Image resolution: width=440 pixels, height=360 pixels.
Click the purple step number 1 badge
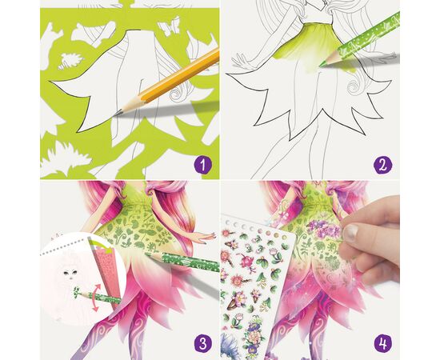[x=202, y=165]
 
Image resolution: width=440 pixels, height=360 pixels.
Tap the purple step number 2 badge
[x=382, y=165]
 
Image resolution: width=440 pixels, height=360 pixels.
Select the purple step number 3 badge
[x=202, y=343]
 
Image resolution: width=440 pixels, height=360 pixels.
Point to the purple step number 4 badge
[x=382, y=343]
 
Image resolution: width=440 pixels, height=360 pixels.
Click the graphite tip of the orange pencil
[x=116, y=114]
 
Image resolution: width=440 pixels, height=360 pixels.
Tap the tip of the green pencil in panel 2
[x=321, y=65]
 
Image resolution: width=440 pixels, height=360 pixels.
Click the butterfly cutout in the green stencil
[x=170, y=26]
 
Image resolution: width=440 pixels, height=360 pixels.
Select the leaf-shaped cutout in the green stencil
[x=70, y=61]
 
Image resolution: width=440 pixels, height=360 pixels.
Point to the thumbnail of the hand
[x=350, y=232]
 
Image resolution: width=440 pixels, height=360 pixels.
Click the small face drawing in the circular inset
[x=70, y=274]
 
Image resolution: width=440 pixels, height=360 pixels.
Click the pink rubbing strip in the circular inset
[x=107, y=276]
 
